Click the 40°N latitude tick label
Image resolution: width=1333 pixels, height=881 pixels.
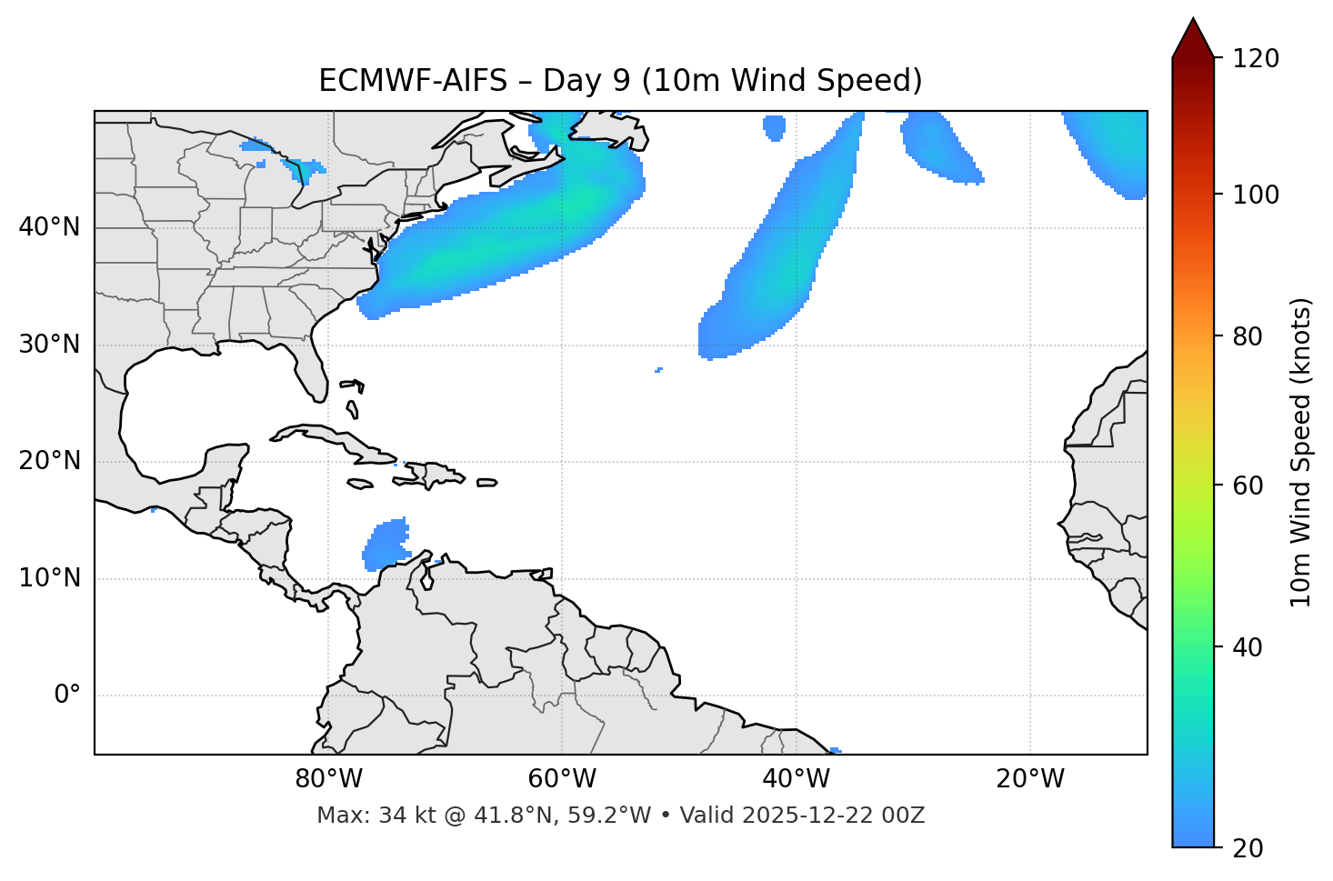(x=49, y=227)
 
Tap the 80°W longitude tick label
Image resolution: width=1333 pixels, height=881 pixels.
(x=328, y=779)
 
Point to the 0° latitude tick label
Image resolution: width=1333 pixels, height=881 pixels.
(x=67, y=696)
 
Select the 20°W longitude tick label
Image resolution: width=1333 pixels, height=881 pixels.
(x=1030, y=779)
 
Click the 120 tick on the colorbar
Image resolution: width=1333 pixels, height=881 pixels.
(x=1256, y=59)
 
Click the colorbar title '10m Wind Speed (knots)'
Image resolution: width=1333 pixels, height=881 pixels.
(x=1301, y=452)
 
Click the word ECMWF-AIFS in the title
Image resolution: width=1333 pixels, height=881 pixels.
(x=413, y=81)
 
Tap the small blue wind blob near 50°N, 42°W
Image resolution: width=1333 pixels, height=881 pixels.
(x=774, y=127)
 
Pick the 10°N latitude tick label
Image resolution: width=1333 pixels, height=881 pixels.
(x=49, y=578)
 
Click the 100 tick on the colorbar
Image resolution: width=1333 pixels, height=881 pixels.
(x=1256, y=195)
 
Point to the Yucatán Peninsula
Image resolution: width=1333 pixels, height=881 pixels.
(x=222, y=464)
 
